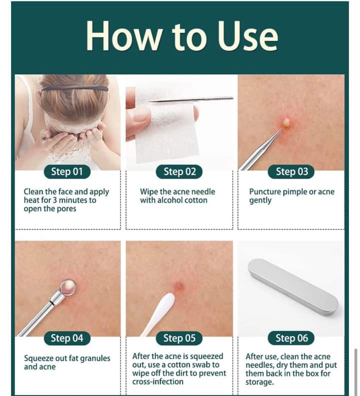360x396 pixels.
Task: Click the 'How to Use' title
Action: pos(182,36)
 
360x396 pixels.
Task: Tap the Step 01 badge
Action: pos(67,172)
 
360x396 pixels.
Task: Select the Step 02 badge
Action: pos(179,172)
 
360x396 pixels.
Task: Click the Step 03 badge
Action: pos(291,172)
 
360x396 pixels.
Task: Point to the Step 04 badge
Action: pos(67,338)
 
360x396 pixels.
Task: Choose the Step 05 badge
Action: pos(179,338)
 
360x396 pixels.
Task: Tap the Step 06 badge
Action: pos(291,338)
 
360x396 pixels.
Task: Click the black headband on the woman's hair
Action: pos(75,89)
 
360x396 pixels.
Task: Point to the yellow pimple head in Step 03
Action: pos(287,122)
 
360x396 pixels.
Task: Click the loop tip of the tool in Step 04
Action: pos(68,287)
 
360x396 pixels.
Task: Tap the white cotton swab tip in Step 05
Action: pos(165,303)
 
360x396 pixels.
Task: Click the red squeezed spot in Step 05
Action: pos(179,286)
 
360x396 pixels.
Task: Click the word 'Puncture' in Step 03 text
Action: pos(265,192)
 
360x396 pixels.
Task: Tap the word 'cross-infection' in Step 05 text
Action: pos(158,382)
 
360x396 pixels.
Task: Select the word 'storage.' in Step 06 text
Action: pos(259,382)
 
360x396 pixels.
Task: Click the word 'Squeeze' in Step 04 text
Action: pos(38,359)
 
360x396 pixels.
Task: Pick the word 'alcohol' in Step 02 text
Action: pos(170,200)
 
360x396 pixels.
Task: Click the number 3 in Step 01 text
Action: pos(54,200)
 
